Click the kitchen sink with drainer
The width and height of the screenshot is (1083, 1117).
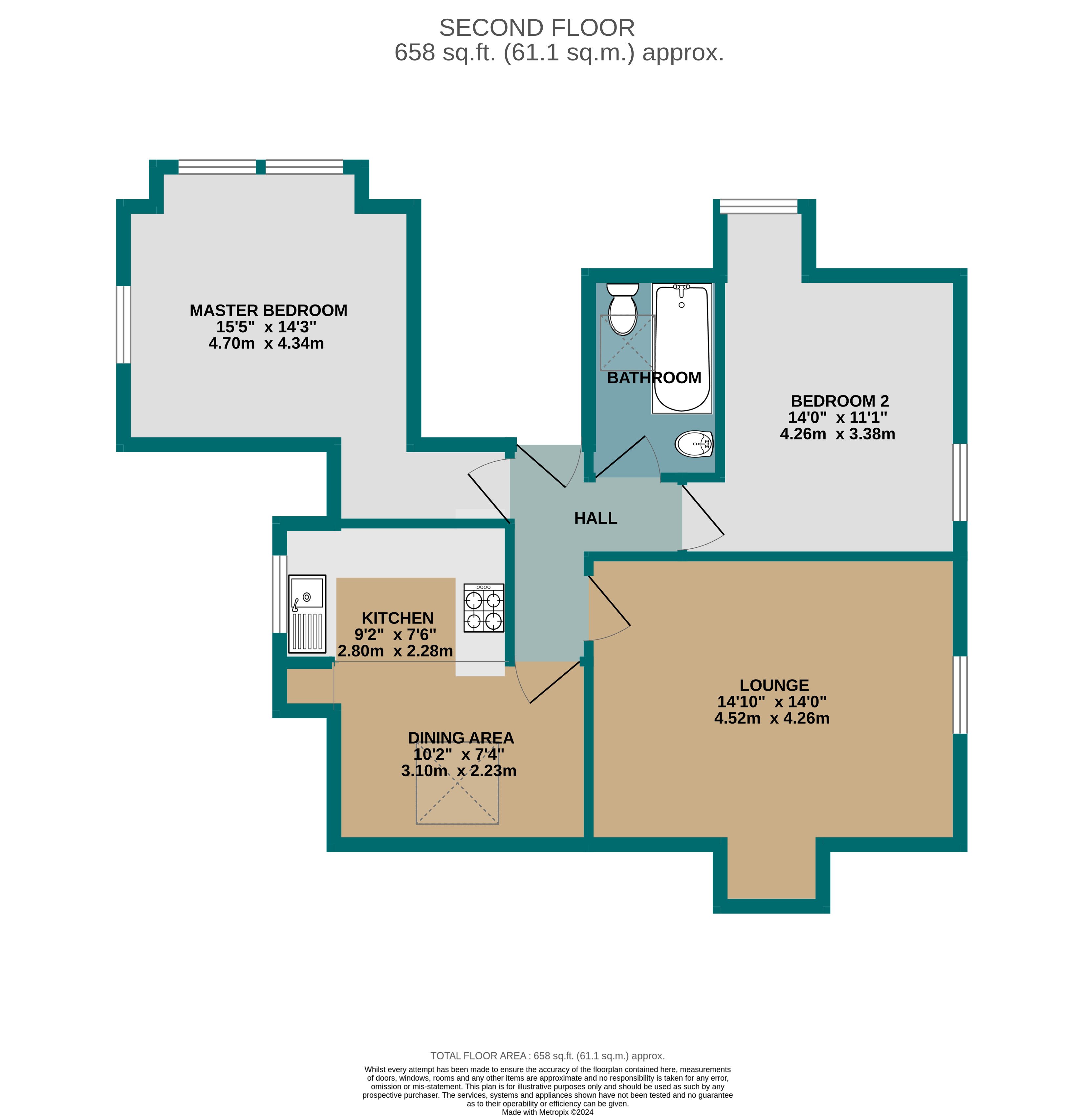point(307,614)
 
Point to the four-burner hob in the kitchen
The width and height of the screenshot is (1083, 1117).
point(483,607)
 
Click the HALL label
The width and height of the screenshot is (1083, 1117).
point(595,518)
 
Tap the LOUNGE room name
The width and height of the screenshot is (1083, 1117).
point(773,685)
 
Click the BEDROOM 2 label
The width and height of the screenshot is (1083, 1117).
point(839,401)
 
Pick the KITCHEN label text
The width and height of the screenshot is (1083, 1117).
point(397,618)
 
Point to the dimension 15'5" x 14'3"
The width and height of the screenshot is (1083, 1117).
point(266,327)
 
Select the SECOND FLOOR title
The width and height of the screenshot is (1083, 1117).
point(536,28)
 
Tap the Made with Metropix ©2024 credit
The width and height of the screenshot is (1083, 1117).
point(547,1112)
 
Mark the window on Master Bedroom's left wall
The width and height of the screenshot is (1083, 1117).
point(123,324)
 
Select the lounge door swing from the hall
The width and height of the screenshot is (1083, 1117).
point(609,610)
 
